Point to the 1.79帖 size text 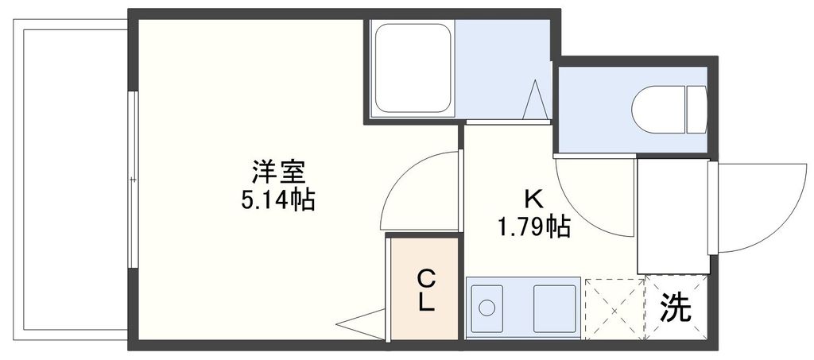click(x=533, y=228)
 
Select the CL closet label click(x=426, y=291)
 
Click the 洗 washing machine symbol click(x=676, y=307)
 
